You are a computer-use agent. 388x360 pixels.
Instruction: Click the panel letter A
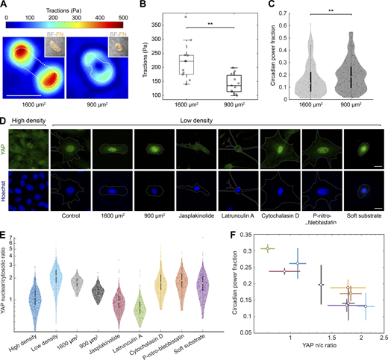click(x=5, y=5)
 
